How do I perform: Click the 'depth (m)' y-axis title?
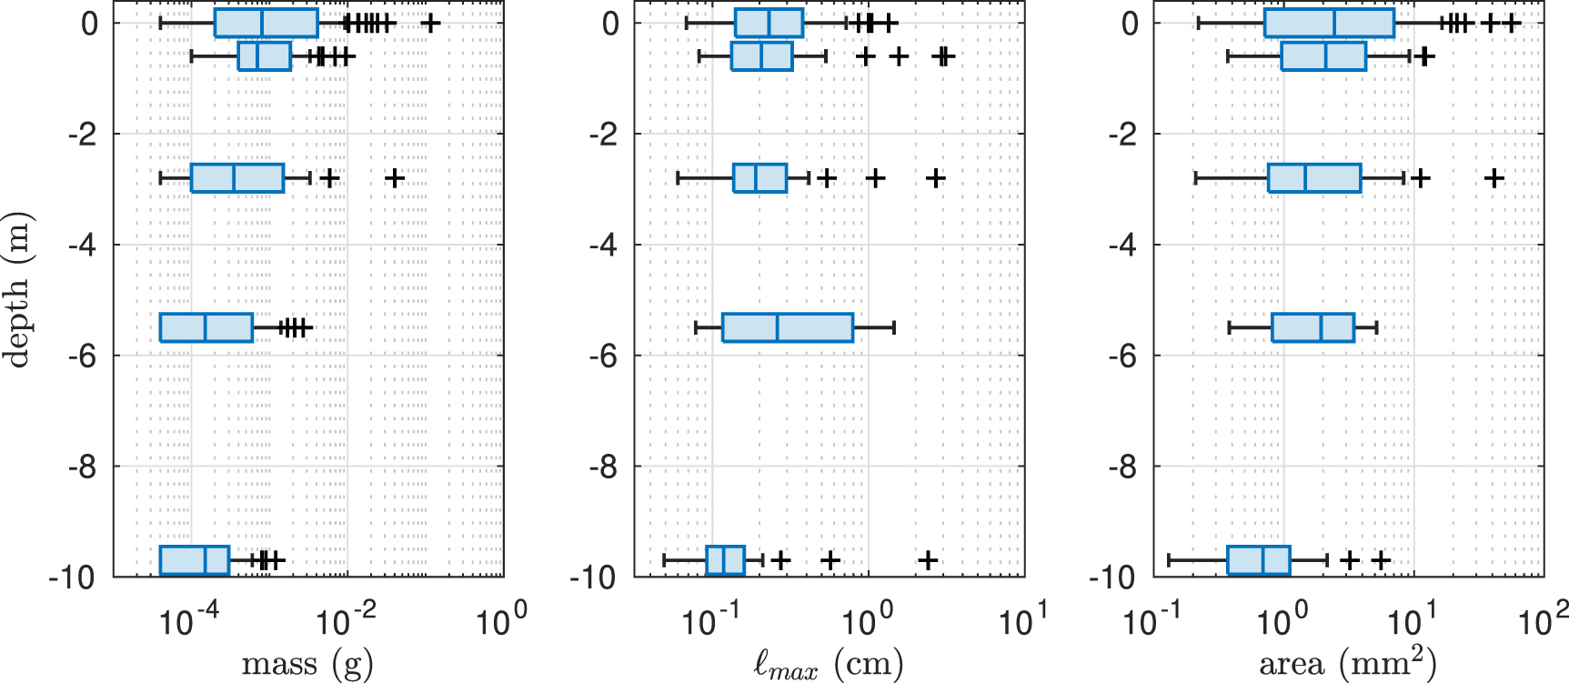click(x=18, y=289)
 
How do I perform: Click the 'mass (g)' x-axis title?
click(x=307, y=665)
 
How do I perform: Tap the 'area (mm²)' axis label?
click(x=1347, y=665)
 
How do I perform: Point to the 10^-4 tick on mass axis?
click(x=188, y=622)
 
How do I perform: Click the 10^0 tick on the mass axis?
click(x=500, y=622)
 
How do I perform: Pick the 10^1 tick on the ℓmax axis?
click(x=1022, y=622)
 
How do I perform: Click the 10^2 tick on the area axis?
click(x=1543, y=622)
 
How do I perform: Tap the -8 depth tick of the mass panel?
click(x=82, y=467)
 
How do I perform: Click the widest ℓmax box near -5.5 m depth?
click(x=788, y=327)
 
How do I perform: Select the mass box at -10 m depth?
click(x=194, y=560)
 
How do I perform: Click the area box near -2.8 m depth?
click(x=1314, y=178)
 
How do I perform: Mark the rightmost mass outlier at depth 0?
click(x=431, y=23)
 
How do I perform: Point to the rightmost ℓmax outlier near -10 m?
click(x=927, y=560)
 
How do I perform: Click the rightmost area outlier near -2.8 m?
click(x=1494, y=178)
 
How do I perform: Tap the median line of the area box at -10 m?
click(x=1263, y=560)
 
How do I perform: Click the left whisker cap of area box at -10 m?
click(x=1169, y=560)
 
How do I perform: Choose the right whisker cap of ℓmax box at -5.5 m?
click(x=894, y=327)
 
